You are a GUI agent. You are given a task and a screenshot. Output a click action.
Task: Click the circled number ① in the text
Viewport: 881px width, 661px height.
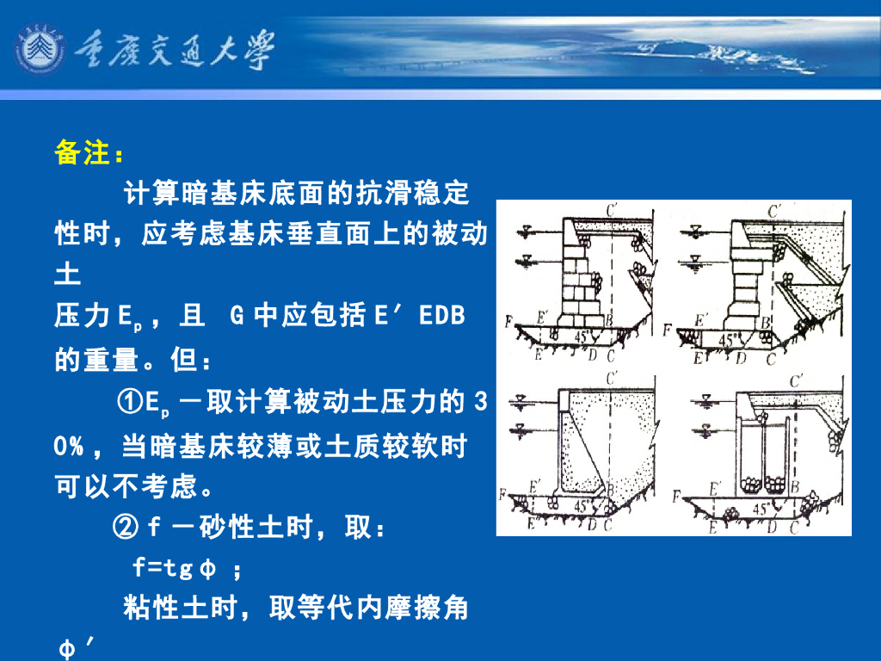[x=130, y=402]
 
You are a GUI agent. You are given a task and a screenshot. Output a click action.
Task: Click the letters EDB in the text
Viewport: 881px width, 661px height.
[x=442, y=316]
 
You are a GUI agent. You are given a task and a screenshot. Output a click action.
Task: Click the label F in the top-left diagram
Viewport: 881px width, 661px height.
[x=509, y=321]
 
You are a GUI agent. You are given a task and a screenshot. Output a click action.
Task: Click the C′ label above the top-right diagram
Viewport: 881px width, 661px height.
[x=775, y=210]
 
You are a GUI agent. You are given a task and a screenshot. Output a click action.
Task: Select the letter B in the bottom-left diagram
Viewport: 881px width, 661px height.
[x=609, y=491]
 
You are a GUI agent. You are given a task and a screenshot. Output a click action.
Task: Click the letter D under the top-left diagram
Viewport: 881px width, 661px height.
[x=592, y=354]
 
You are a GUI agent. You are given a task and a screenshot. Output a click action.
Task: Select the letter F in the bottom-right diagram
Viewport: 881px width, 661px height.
[x=677, y=497]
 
